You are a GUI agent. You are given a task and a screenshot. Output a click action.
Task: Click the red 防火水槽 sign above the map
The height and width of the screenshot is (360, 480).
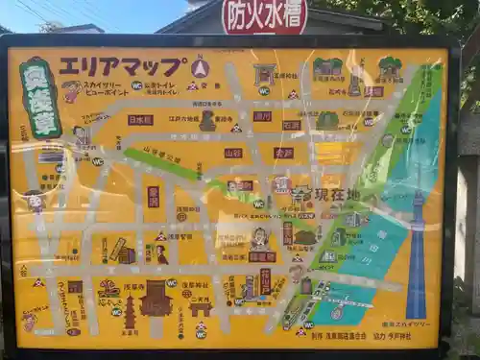coord(264,15)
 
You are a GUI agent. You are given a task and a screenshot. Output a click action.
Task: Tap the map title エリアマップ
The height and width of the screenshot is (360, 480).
coord(122,66)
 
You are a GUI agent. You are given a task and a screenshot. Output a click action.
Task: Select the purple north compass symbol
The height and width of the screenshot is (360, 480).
coord(200,67)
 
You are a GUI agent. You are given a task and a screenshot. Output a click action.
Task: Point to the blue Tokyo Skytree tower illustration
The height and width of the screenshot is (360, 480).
coord(416,259)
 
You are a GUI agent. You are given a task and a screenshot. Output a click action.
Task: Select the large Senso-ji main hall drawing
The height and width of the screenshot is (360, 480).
coord(156,299)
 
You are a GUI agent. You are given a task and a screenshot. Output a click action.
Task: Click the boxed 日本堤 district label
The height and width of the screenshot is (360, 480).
coord(140,120)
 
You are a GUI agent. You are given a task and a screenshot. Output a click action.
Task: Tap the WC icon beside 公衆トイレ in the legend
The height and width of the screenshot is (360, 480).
coord(136,85)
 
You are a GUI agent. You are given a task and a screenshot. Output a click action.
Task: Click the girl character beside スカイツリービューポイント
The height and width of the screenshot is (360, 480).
coord(70,91)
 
